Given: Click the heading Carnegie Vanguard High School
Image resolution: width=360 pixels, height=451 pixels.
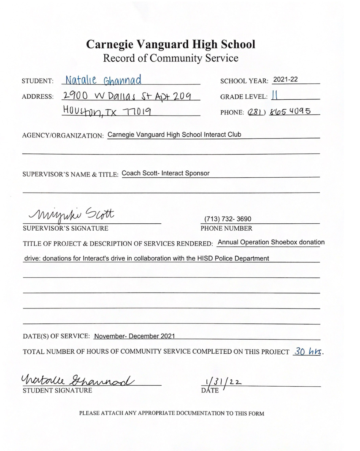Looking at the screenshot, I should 170,44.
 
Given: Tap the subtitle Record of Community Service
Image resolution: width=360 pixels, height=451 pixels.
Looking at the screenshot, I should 170,58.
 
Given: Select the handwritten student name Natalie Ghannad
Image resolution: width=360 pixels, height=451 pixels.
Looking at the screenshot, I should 102,79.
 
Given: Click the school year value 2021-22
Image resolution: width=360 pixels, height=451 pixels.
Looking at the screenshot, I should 285,79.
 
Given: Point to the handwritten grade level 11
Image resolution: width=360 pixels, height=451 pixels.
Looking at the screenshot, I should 275,96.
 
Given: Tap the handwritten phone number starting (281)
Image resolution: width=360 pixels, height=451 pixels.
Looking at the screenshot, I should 279,111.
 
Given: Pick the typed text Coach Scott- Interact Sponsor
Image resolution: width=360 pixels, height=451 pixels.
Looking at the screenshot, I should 165,173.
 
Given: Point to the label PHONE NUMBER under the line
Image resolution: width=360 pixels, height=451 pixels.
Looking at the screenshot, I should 226,228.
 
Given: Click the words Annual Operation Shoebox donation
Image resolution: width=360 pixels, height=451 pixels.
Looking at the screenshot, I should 271,242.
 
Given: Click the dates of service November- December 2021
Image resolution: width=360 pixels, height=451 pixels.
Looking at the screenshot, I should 134,336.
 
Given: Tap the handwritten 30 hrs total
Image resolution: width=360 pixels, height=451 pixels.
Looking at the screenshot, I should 308,351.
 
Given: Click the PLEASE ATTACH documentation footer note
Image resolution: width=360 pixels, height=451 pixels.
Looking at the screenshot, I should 172,413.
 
